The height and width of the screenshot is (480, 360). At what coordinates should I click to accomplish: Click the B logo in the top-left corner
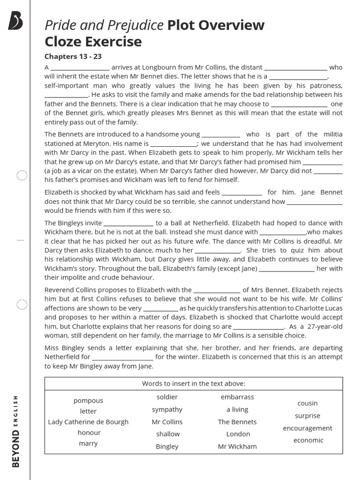coord(15,22)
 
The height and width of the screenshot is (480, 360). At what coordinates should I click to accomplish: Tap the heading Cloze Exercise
coord(93,42)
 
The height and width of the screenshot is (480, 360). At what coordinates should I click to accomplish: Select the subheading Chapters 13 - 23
coord(73,57)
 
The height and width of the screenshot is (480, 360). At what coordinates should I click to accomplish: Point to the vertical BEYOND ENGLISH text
coord(16,431)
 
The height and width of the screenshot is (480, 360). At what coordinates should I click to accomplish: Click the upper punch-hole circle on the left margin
coord(22,175)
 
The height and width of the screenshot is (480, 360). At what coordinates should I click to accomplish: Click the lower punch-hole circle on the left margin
coord(22,305)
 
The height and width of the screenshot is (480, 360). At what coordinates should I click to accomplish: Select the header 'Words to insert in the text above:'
coord(194,383)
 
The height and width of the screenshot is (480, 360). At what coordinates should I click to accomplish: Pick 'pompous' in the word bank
coord(88,401)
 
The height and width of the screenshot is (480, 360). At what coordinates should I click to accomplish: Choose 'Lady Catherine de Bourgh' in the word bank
coord(88,422)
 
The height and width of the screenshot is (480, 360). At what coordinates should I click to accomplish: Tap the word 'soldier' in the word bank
coord(167,397)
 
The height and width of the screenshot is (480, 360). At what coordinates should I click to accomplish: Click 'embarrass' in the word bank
coord(237,397)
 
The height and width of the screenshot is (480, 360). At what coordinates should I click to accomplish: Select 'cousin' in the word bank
coord(307,403)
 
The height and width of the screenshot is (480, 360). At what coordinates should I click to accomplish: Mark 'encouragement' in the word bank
coord(307,428)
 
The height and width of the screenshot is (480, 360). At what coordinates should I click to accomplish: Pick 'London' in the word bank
coord(238,434)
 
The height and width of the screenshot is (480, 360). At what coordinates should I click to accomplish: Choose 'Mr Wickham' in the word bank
coord(237,446)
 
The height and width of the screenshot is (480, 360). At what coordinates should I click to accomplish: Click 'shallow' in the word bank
coord(167,434)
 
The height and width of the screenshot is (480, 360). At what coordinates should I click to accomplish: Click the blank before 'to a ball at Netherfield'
coord(128,224)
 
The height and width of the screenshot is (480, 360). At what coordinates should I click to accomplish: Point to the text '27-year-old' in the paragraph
coord(324,326)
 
